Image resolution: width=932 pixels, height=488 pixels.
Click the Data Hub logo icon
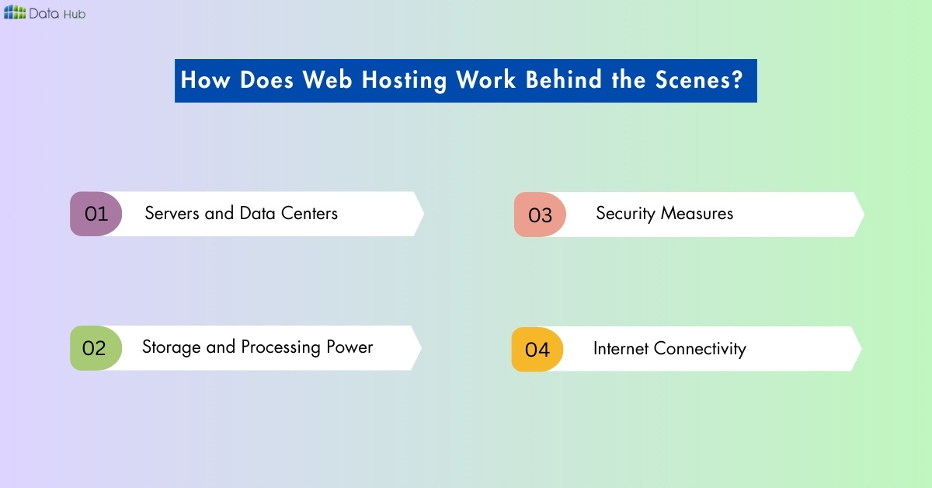pyautogui.click(x=15, y=12)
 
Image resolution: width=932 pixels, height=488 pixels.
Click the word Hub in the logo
pyautogui.click(x=75, y=12)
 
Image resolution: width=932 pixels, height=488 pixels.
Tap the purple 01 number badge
pyautogui.click(x=96, y=214)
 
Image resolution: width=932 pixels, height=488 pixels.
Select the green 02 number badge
pyautogui.click(x=94, y=348)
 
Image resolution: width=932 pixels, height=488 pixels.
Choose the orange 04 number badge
pyautogui.click(x=537, y=350)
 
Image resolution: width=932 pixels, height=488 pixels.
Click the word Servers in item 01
pyautogui.click(x=172, y=213)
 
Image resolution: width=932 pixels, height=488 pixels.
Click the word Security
pyautogui.click(x=625, y=214)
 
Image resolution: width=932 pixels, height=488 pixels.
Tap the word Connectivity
pyautogui.click(x=700, y=348)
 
